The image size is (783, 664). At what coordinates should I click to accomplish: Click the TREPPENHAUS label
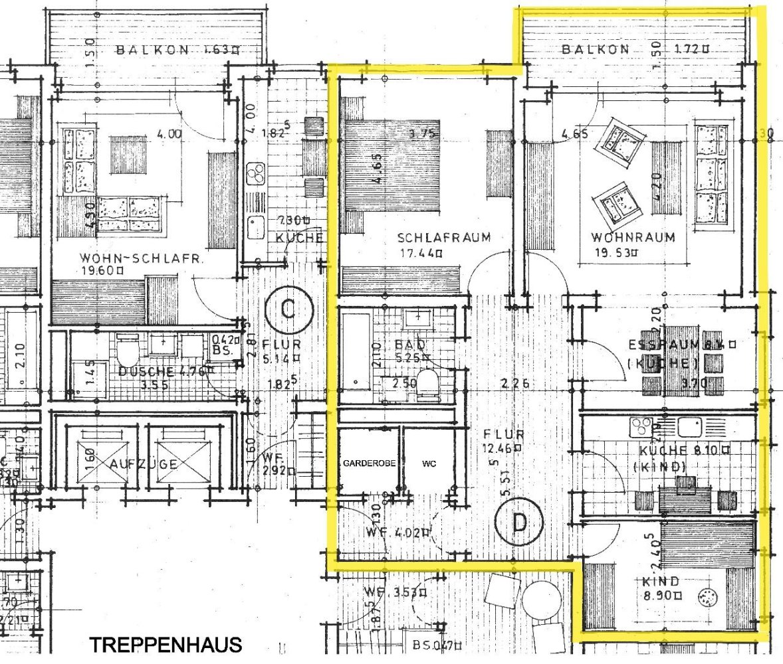[x=166, y=644]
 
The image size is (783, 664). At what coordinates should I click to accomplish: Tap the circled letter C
[x=287, y=309]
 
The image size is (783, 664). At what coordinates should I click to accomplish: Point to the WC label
[x=425, y=462]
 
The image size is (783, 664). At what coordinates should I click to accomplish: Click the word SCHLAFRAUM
[x=444, y=237]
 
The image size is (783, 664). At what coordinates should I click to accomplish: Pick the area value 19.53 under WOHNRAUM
[x=620, y=252]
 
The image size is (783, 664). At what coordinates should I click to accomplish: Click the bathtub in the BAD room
[x=356, y=349]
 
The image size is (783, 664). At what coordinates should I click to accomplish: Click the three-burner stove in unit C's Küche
[x=255, y=174]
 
